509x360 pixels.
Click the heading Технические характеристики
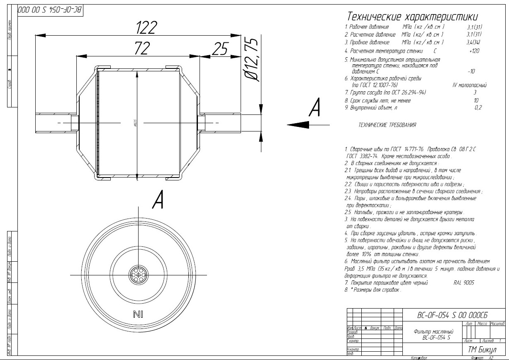coord(412,17)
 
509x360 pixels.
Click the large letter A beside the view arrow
coord(315,109)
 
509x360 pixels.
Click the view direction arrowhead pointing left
coord(295,124)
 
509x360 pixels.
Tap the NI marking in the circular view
coord(138,314)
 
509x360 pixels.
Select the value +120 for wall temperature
coord(474,51)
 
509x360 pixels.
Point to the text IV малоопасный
coord(469,85)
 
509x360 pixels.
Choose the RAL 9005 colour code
coord(464,282)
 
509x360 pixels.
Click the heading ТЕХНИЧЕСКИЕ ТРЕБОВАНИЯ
coord(387,125)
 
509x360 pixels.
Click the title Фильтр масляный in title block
coord(434,332)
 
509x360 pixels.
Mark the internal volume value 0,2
coord(478,107)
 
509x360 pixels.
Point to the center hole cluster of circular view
coord(137,275)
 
